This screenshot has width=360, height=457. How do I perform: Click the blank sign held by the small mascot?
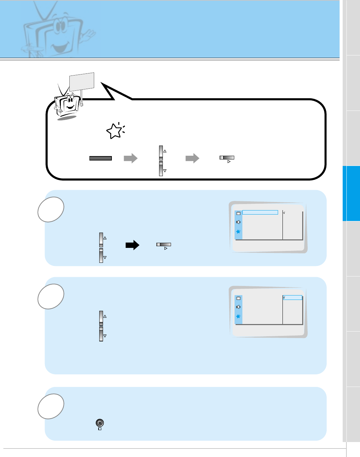tap(82, 82)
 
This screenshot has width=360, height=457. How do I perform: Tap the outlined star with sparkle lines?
tap(115, 131)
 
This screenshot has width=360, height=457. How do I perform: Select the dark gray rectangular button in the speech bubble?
tap(100, 158)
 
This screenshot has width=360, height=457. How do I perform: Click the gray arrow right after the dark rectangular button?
tap(131, 158)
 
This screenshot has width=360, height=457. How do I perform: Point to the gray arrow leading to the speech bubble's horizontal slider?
tap(192, 158)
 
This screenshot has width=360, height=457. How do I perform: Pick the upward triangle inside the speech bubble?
tap(165, 151)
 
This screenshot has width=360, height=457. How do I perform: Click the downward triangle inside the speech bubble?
tap(165, 171)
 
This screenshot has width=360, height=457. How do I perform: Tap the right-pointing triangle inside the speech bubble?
tap(229, 162)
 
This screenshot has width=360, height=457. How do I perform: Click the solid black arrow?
tap(132, 245)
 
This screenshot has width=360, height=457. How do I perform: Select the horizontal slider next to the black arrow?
tap(164, 244)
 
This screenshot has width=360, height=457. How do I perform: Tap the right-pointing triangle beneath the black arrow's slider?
tap(166, 249)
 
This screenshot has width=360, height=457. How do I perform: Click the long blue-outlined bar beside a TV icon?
tap(260, 213)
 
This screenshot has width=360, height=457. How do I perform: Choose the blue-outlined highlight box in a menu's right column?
tap(292, 298)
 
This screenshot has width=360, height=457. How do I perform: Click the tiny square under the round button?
tap(100, 429)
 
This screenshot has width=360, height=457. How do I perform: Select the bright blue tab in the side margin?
tap(351, 193)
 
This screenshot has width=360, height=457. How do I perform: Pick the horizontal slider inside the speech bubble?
tap(227, 157)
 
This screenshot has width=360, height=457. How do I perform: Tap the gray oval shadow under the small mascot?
tap(67, 117)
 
